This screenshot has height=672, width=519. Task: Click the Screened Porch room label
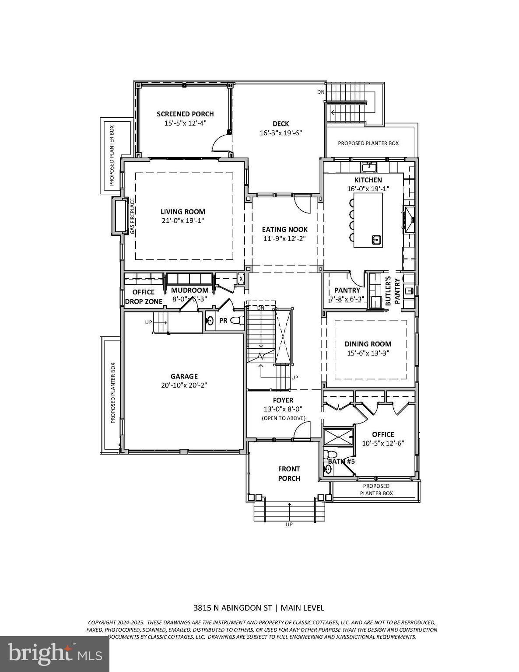tap(185, 114)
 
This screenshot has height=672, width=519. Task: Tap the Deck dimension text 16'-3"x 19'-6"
tap(281, 133)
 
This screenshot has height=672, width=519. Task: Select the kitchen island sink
tap(375, 239)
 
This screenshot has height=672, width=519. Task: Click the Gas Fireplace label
tap(132, 216)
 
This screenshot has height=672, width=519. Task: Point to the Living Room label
tap(182, 212)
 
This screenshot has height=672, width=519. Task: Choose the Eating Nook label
tap(284, 229)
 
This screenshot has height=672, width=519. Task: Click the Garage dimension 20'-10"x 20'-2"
tap(184, 385)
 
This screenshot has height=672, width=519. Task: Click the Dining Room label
tap(368, 344)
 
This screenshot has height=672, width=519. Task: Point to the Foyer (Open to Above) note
tap(283, 418)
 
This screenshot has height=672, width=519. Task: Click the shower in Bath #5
tap(338, 437)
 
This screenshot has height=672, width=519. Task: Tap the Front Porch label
tap(289, 473)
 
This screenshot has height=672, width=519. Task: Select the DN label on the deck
tap(321, 92)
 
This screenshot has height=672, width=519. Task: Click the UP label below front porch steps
tap(289, 524)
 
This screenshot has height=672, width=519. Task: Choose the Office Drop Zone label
tap(144, 297)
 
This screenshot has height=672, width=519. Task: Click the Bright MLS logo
tap(54, 654)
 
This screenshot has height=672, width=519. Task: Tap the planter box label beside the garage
tap(112, 392)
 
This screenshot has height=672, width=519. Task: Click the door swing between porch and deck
tap(220, 143)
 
